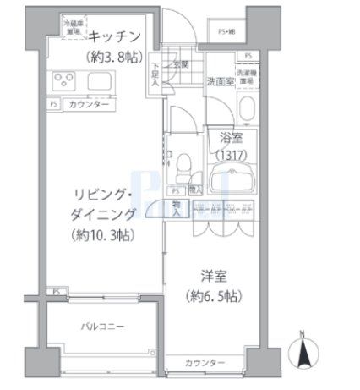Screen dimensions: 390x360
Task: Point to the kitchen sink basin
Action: [97, 83]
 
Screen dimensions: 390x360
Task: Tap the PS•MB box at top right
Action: [227, 32]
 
